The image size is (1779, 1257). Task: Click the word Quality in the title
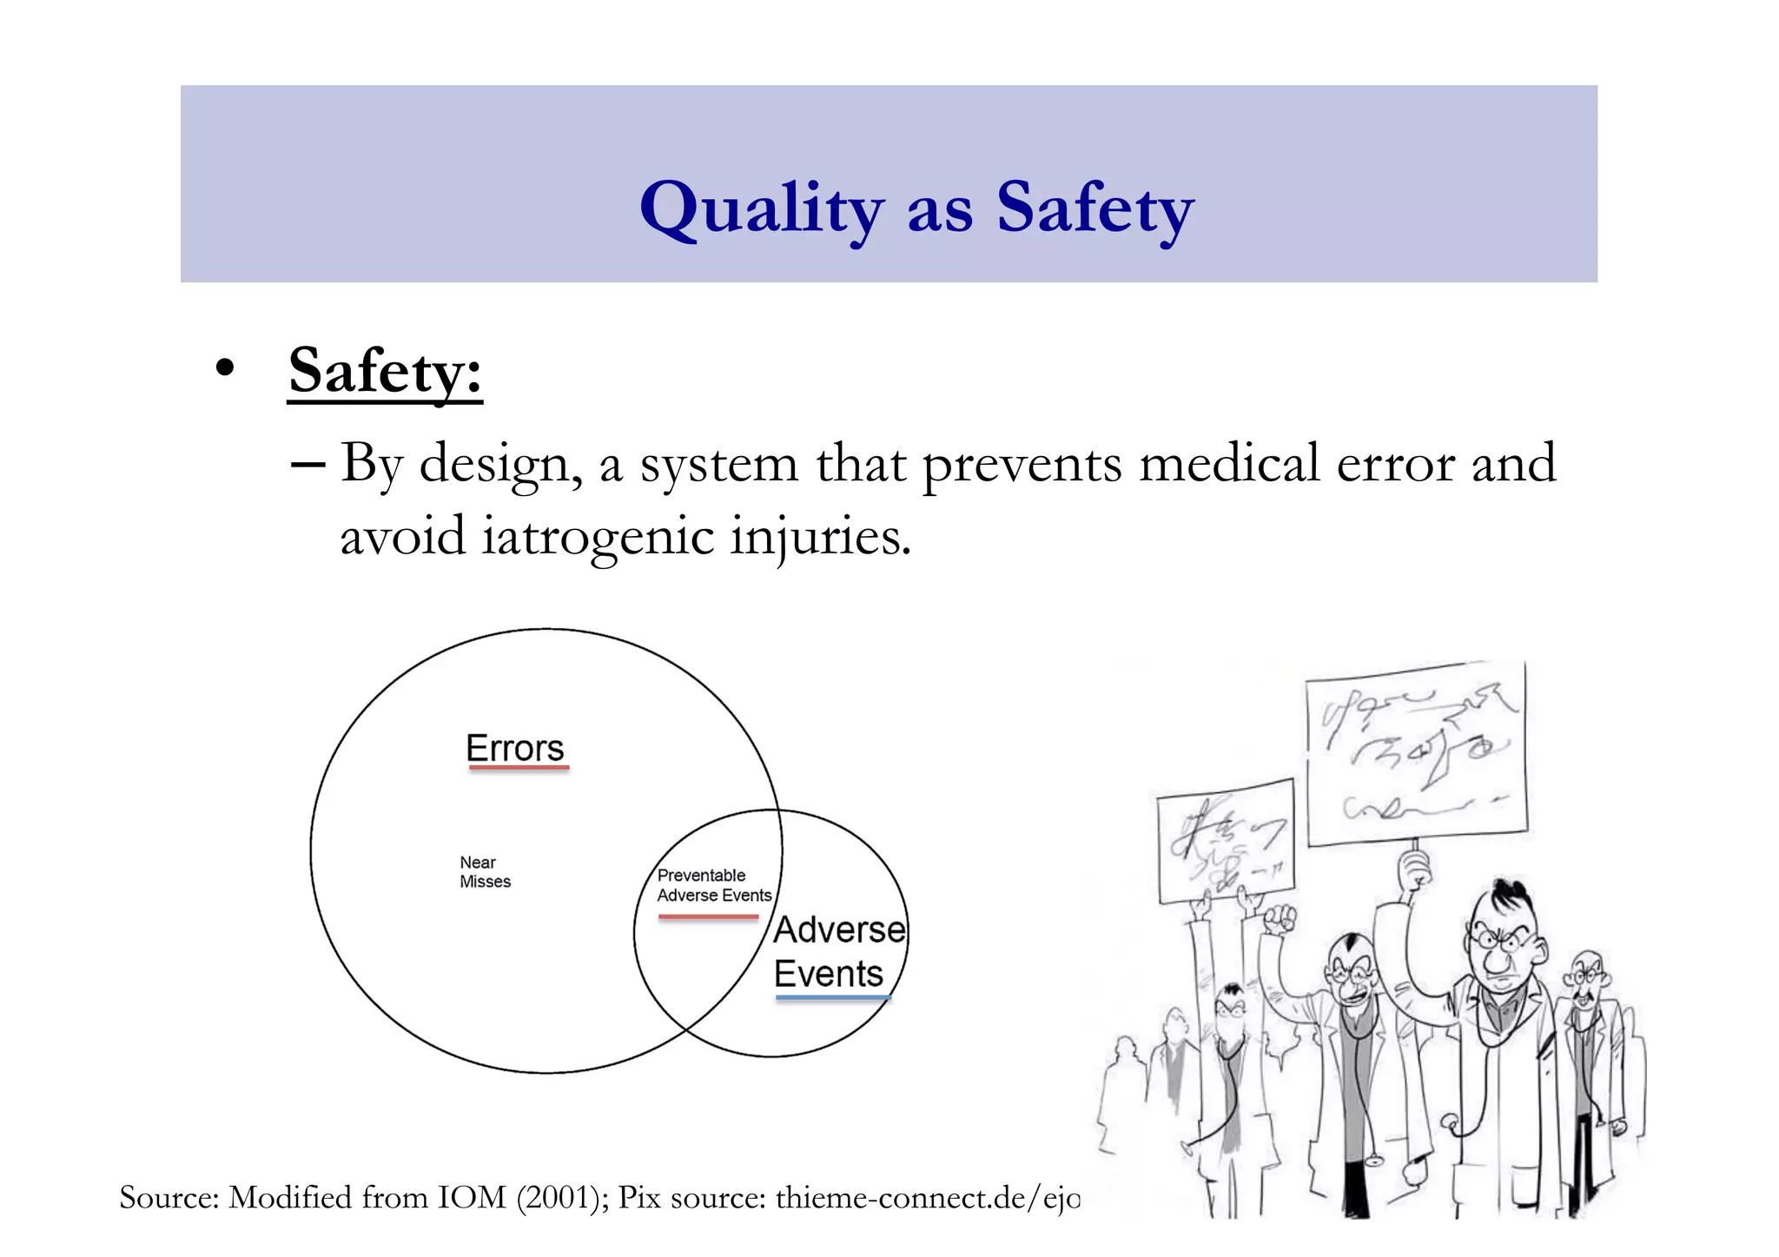761,208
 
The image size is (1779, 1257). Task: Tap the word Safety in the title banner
1095,208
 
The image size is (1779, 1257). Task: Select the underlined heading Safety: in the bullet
385,371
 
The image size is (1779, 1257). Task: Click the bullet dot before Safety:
225,367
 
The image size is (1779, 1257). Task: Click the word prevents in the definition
1022,464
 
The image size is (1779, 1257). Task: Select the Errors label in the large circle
515,748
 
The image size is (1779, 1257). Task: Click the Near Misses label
485,872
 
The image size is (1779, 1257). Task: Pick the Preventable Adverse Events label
713,885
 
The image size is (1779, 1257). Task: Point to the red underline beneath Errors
519,769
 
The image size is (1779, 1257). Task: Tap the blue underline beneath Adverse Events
832,998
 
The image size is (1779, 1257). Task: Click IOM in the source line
472,1198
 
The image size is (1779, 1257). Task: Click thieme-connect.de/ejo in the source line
927,1198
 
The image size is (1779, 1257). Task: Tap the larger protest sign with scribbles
1416,751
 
